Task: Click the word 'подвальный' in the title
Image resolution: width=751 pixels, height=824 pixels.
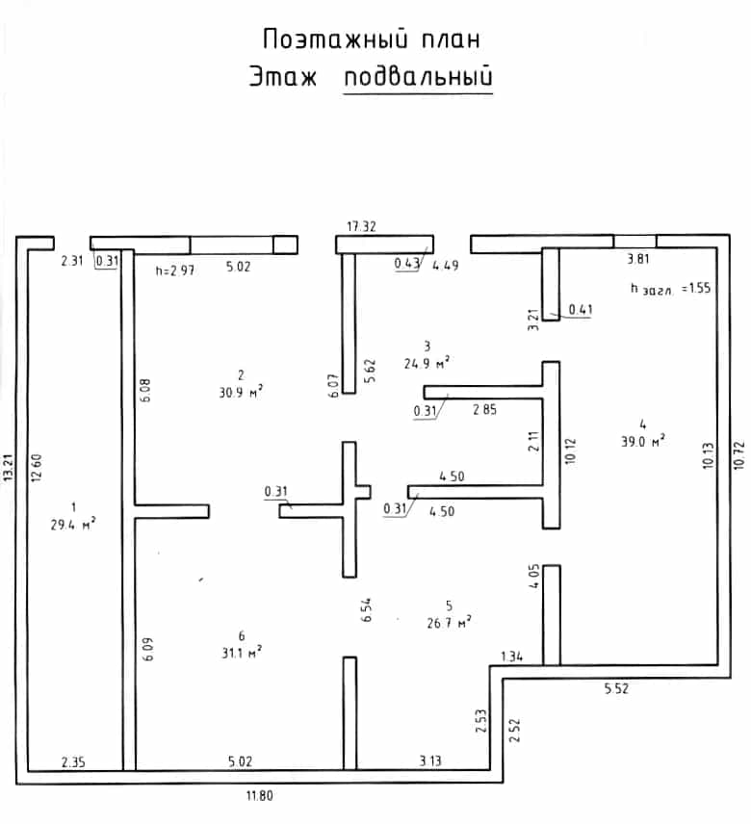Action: pos(418,77)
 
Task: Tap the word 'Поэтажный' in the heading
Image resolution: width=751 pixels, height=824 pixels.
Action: pos(335,39)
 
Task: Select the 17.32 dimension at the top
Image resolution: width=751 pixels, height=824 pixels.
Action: pos(362,226)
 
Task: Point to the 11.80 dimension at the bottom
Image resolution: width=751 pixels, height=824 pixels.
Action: pos(260,796)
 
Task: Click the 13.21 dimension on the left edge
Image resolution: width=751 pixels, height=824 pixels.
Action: pos(9,468)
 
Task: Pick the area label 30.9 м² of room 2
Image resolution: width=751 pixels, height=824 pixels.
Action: pos(241,392)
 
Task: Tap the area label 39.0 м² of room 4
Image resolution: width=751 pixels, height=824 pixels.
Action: pos(643,440)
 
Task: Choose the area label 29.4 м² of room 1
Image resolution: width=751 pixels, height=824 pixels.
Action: pos(73,524)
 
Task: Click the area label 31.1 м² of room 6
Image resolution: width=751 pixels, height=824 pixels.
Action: pos(242,653)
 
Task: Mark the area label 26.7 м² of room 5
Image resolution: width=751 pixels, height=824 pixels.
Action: pos(449,623)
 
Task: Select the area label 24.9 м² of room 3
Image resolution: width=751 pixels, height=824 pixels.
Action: pos(427,363)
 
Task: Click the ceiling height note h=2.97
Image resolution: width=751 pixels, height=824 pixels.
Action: pos(175,270)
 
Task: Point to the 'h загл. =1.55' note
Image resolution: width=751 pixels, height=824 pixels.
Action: pos(670,289)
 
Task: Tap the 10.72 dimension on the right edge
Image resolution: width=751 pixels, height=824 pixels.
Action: pos(738,455)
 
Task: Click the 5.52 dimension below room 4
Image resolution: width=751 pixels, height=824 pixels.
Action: pos(616,688)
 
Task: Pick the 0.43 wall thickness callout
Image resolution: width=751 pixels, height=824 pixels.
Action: pos(407,264)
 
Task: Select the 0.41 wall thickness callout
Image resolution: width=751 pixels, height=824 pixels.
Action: pos(581,310)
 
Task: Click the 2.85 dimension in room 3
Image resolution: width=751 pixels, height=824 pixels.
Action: pos(484,409)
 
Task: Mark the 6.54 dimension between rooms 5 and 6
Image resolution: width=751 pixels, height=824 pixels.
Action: pos(366,609)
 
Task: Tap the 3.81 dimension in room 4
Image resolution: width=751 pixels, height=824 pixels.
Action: pos(638,259)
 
